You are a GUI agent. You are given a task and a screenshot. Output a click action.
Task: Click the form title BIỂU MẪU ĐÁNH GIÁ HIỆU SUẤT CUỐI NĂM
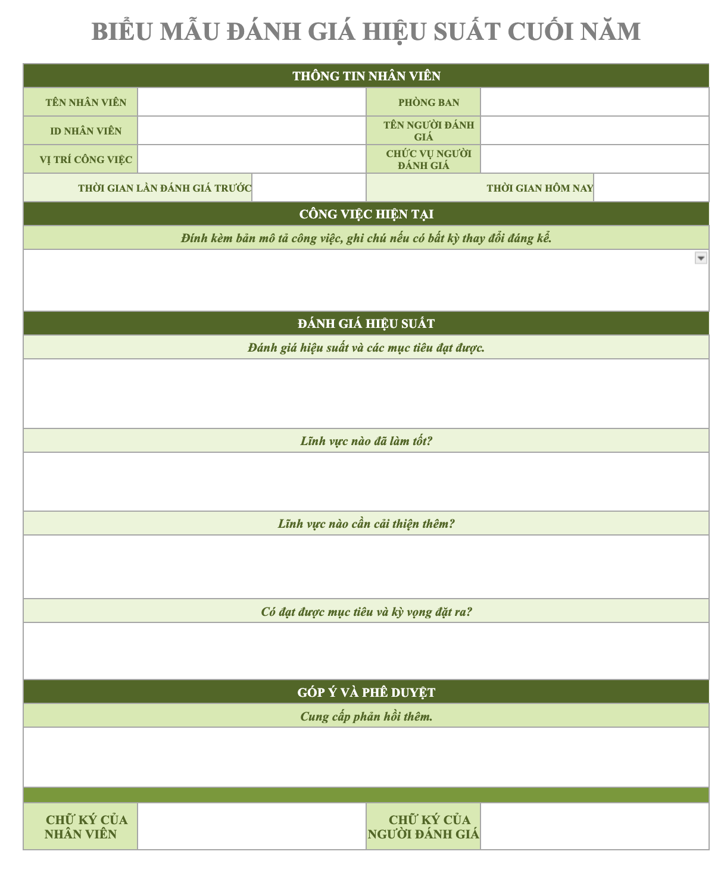pyautogui.click(x=366, y=32)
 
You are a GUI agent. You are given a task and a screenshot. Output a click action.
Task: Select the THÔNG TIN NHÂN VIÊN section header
pyautogui.click(x=366, y=76)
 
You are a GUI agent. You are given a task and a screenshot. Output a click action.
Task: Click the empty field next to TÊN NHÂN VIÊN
pyautogui.click(x=251, y=102)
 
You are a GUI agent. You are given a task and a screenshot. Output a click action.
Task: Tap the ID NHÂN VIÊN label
pyautogui.click(x=86, y=131)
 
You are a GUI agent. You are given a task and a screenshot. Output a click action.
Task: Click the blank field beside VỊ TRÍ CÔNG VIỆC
pyautogui.click(x=251, y=159)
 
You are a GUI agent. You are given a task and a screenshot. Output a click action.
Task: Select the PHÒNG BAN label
pyautogui.click(x=429, y=102)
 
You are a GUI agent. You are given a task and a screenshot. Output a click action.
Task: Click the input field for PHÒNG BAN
pyautogui.click(x=594, y=102)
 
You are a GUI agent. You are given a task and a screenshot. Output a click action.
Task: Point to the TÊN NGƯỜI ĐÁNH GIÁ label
pyautogui.click(x=429, y=131)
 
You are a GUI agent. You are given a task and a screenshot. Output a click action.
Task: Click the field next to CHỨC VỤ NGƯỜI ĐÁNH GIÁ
pyautogui.click(x=594, y=159)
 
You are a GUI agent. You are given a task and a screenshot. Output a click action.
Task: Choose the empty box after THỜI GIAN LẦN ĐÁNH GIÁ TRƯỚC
pyautogui.click(x=308, y=188)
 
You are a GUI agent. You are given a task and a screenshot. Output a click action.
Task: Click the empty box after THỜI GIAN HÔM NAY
pyautogui.click(x=651, y=188)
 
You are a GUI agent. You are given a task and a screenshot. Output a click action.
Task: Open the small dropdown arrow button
pyautogui.click(x=701, y=258)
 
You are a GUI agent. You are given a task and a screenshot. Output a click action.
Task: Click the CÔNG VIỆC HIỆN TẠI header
pyautogui.click(x=366, y=214)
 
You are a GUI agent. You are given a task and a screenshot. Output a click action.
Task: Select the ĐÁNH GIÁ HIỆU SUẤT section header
pyautogui.click(x=366, y=324)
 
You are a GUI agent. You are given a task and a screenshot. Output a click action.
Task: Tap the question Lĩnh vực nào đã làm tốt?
pyautogui.click(x=366, y=441)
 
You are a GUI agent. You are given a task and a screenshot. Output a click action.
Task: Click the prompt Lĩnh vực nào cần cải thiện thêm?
pyautogui.click(x=366, y=524)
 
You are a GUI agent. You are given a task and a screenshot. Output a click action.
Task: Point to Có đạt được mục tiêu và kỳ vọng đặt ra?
pyautogui.click(x=366, y=612)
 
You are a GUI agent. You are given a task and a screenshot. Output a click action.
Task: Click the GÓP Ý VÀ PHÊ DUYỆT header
pyautogui.click(x=366, y=693)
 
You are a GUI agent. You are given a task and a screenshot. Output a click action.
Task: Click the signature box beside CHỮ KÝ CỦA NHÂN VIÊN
pyautogui.click(x=251, y=827)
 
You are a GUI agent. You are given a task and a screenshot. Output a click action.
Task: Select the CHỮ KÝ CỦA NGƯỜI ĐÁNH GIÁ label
pyautogui.click(x=423, y=827)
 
